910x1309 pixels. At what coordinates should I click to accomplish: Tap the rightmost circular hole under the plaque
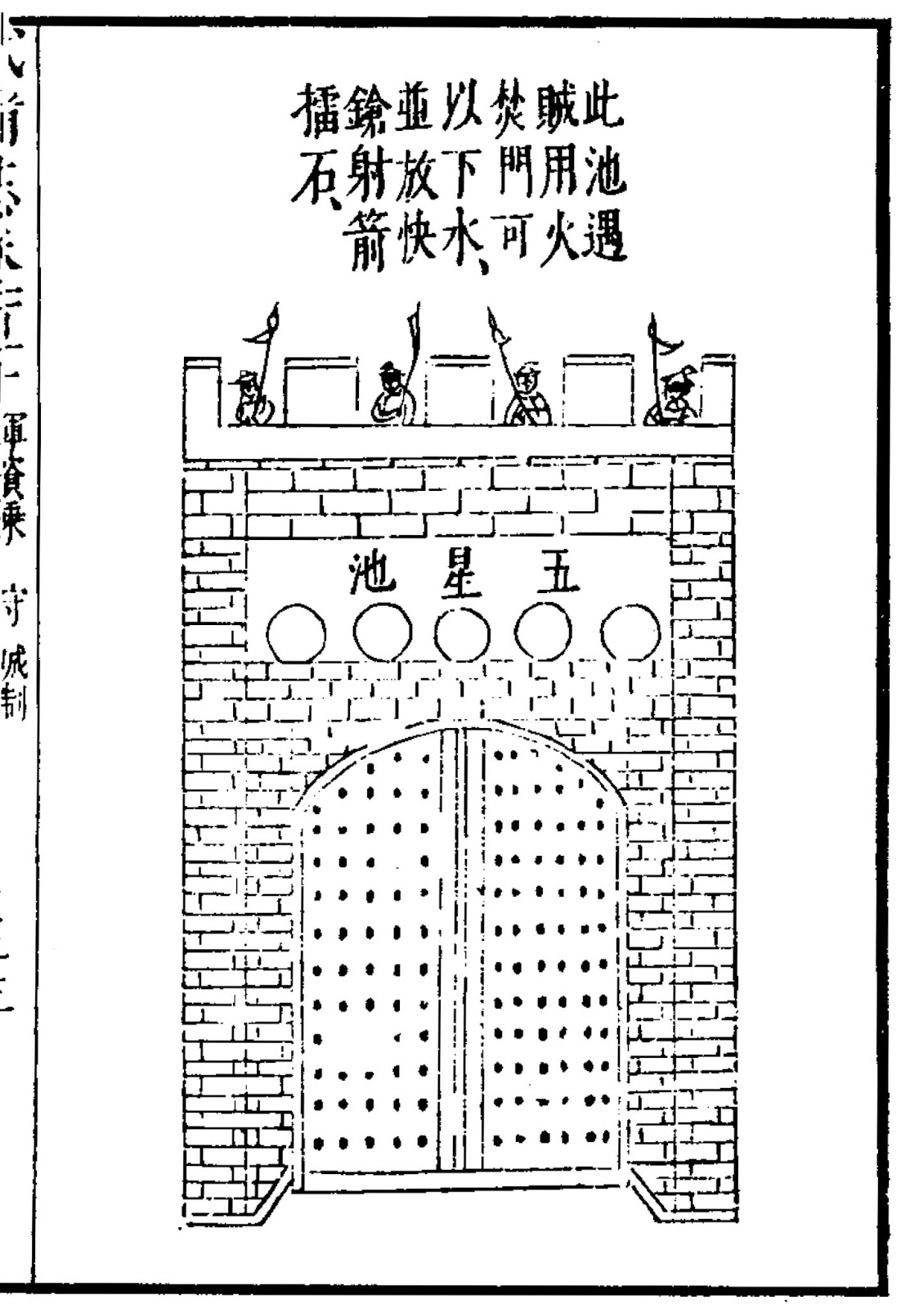click(x=630, y=634)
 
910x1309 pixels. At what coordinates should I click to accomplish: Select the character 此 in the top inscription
click(x=600, y=110)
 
